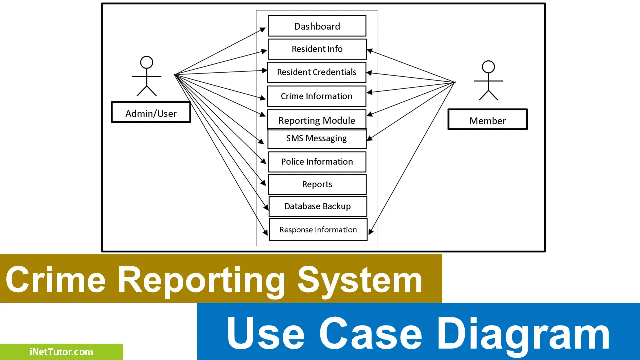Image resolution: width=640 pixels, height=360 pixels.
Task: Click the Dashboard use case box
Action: click(317, 26)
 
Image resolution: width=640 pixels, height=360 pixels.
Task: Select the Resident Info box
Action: click(317, 49)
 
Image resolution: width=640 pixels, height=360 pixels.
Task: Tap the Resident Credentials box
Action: click(317, 72)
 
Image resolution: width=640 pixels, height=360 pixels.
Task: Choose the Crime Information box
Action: click(317, 96)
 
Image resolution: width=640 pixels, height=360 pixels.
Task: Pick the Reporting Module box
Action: click(317, 120)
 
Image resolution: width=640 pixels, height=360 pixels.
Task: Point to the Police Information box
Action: click(317, 162)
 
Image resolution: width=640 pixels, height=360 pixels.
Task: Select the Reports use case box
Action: click(317, 184)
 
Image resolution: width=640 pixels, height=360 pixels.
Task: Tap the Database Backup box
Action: click(317, 206)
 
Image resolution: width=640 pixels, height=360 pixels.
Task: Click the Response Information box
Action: click(318, 230)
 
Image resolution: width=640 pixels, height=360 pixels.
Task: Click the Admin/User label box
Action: click(151, 113)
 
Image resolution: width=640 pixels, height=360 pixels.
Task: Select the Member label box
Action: click(487, 120)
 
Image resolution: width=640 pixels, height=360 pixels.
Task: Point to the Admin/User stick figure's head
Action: click(146, 62)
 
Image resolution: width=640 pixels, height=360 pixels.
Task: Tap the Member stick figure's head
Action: click(488, 67)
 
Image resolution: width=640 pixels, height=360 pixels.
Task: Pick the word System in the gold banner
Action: click(360, 280)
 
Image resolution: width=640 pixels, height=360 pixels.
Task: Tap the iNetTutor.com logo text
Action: click(61, 352)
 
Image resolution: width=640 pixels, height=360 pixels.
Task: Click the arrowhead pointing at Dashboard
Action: click(263, 29)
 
